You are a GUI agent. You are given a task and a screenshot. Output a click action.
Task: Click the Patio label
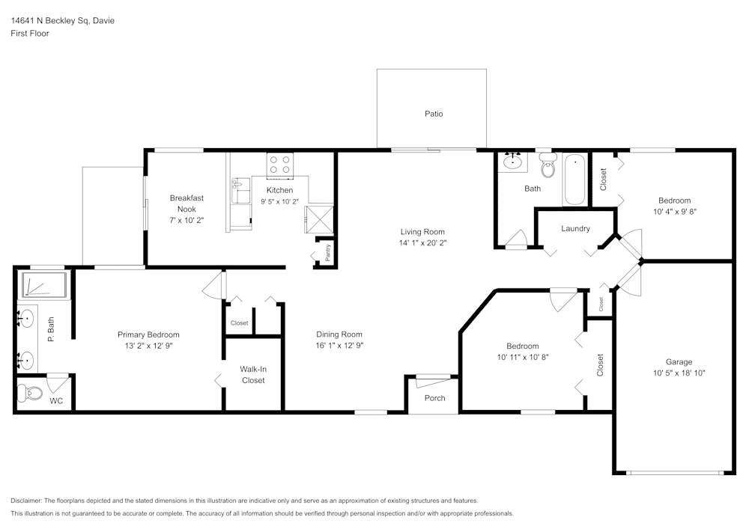click(434, 114)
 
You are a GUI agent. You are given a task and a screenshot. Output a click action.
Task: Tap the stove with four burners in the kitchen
click(280, 165)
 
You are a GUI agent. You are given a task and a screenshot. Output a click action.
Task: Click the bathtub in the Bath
click(574, 180)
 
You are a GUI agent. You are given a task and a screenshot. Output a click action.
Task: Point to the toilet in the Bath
click(548, 169)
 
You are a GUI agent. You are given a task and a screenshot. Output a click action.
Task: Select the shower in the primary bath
click(44, 286)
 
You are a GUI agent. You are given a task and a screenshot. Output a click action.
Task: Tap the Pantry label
click(328, 253)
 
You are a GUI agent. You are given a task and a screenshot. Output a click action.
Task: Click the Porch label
click(434, 398)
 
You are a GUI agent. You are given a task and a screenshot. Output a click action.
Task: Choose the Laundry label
click(575, 228)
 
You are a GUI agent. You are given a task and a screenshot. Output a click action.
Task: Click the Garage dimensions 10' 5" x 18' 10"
click(679, 373)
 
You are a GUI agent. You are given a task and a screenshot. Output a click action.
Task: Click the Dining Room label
click(339, 334)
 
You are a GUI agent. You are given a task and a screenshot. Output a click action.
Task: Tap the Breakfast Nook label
click(187, 204)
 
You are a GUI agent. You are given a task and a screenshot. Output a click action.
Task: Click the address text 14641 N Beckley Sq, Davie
click(62, 21)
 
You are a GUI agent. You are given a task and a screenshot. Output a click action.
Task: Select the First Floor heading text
click(30, 34)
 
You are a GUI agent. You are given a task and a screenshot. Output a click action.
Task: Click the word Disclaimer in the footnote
click(26, 501)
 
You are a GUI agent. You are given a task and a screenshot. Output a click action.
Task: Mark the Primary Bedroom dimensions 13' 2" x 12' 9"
click(148, 346)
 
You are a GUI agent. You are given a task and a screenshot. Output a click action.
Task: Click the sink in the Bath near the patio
click(513, 161)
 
